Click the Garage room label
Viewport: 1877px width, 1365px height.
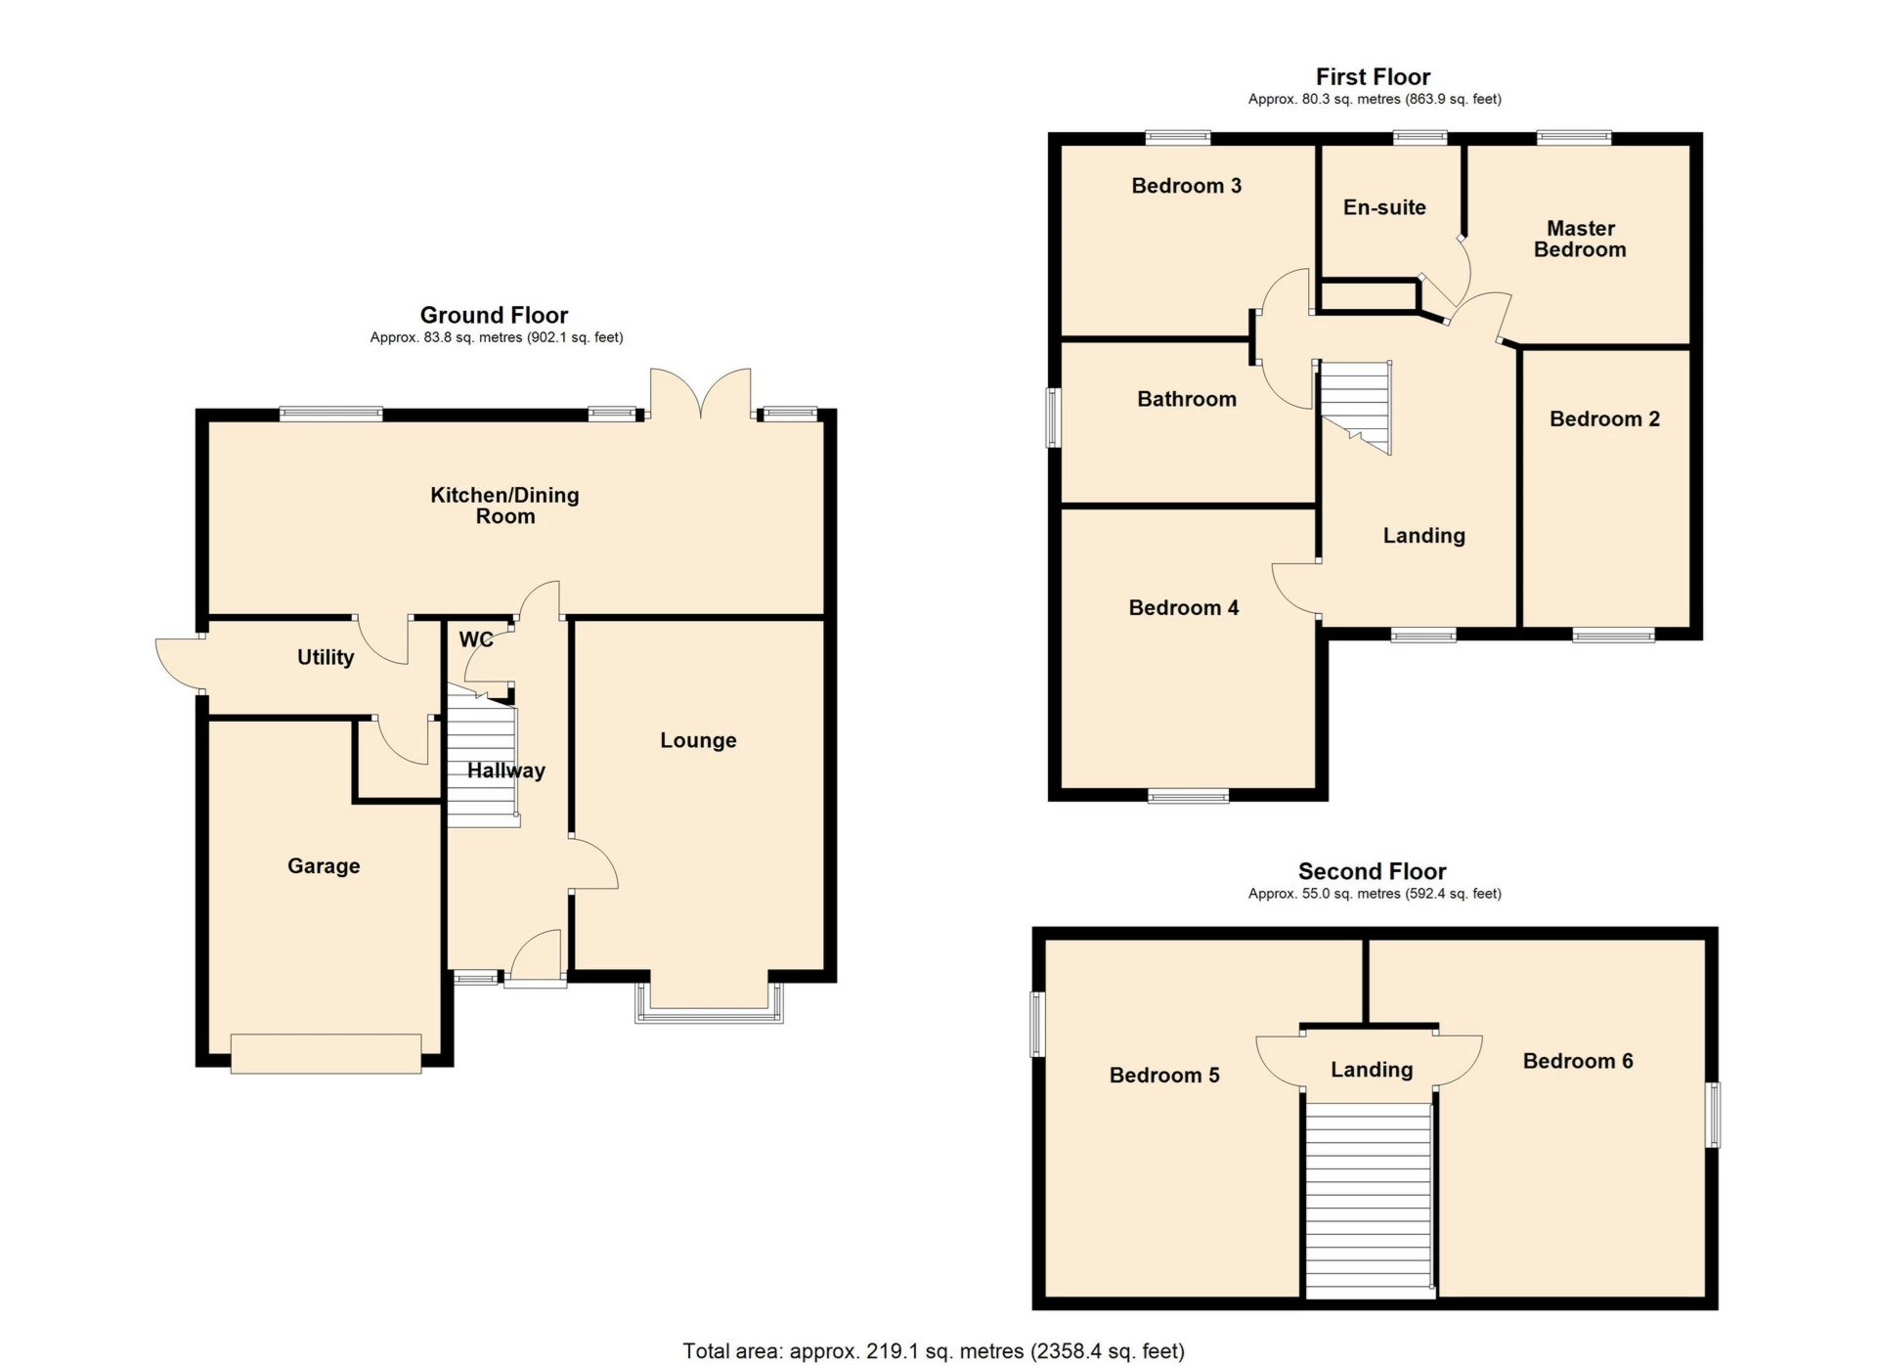click(x=324, y=866)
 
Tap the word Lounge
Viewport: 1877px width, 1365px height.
click(x=698, y=740)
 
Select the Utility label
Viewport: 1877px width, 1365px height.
click(x=326, y=657)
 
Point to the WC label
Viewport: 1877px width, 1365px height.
click(x=476, y=639)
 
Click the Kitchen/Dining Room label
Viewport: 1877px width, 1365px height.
click(x=505, y=506)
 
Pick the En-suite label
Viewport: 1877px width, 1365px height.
click(x=1384, y=207)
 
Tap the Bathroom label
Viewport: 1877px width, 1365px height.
click(x=1187, y=399)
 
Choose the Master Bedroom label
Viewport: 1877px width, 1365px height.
click(x=1580, y=239)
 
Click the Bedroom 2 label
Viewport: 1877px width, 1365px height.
click(x=1604, y=419)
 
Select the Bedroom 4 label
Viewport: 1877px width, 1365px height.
click(x=1184, y=608)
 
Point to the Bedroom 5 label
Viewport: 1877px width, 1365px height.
click(x=1164, y=1076)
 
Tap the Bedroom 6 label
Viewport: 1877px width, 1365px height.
click(x=1578, y=1061)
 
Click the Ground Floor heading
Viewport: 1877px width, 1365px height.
click(x=494, y=315)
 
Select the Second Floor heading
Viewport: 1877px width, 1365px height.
click(x=1372, y=871)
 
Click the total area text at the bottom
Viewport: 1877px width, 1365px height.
click(x=934, y=1351)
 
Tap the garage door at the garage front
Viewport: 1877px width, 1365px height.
click(x=327, y=1054)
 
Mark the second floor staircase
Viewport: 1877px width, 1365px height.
click(x=1370, y=1201)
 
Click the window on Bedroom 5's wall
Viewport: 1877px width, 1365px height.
click(x=1038, y=1025)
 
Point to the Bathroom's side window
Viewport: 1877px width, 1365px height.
click(x=1054, y=418)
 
